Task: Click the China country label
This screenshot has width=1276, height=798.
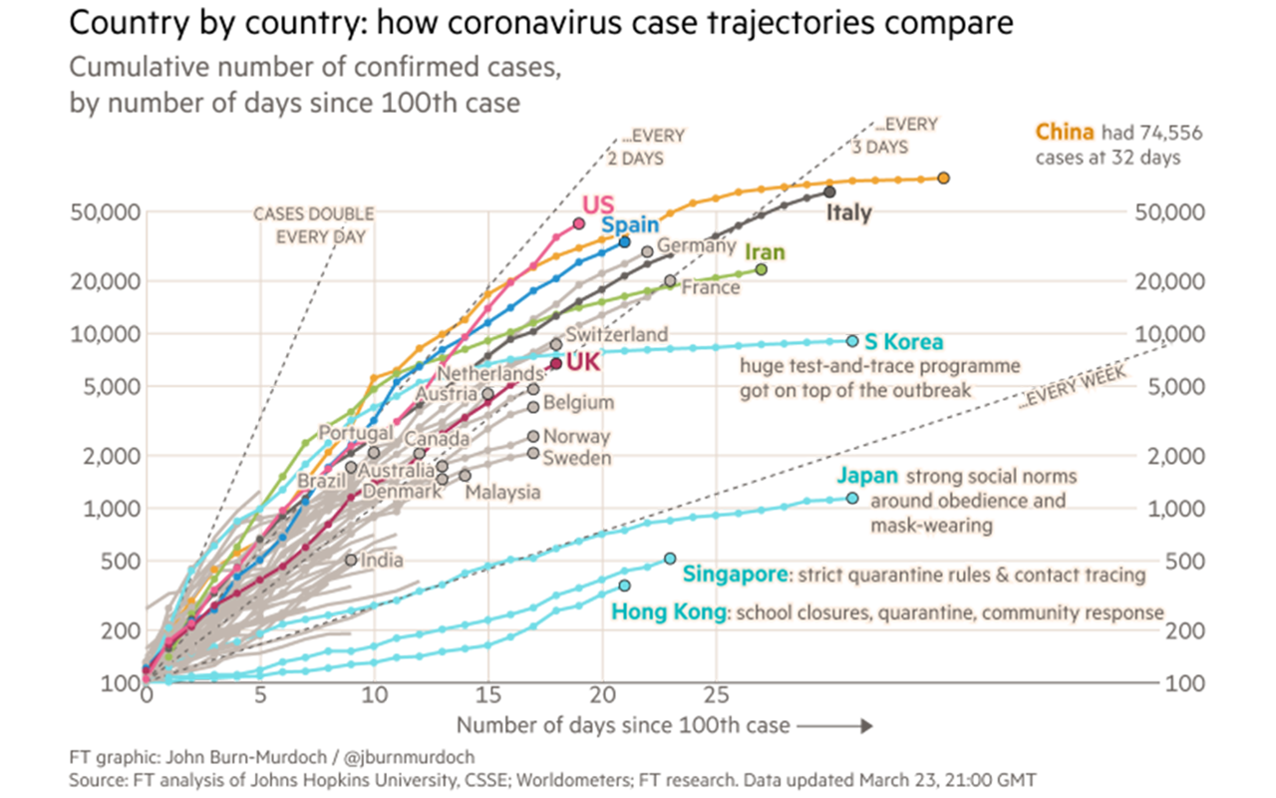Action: coord(1064,132)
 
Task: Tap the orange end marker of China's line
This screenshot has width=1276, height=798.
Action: coord(943,178)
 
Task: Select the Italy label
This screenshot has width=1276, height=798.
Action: coord(847,212)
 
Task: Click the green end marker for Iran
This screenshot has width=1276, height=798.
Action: coord(762,269)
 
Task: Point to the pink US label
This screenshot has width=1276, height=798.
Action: coord(597,204)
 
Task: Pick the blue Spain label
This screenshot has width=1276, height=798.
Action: coord(629,224)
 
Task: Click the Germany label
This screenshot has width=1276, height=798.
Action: coord(696,245)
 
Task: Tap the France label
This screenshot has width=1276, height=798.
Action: coord(710,287)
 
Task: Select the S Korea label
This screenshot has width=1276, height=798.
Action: coord(903,342)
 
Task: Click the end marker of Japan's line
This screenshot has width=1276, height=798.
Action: coord(852,498)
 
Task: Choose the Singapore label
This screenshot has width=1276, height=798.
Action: coord(736,575)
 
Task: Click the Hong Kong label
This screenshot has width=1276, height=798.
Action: coord(668,611)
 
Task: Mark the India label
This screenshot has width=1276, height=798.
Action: coord(382,560)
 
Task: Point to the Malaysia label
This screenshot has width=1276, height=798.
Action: coord(502,492)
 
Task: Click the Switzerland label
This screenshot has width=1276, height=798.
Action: coord(615,334)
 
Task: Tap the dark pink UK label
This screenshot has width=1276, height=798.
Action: coord(582,361)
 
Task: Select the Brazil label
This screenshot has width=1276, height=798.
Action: coord(321,480)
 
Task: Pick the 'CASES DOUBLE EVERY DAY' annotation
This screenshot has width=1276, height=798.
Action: coord(313,225)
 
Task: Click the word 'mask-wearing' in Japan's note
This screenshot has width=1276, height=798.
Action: coord(930,525)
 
